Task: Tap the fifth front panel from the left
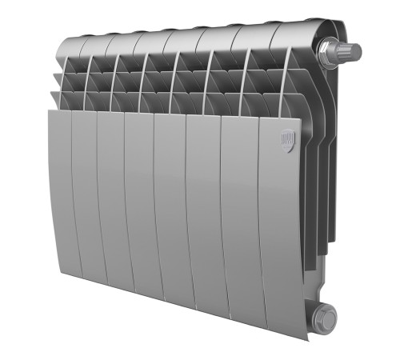(170, 220)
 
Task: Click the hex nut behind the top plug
(327, 53)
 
